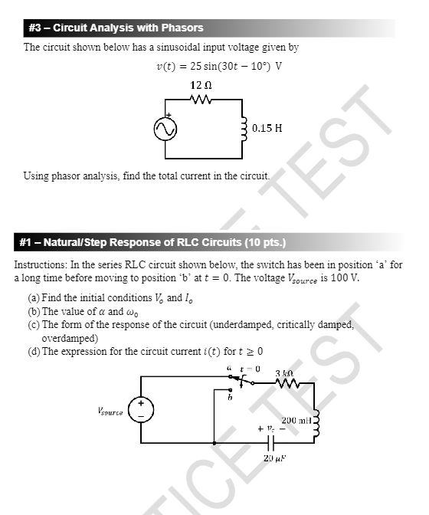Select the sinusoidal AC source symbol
(164, 130)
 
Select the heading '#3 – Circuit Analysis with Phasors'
(116, 28)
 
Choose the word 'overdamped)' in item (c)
(70, 337)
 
